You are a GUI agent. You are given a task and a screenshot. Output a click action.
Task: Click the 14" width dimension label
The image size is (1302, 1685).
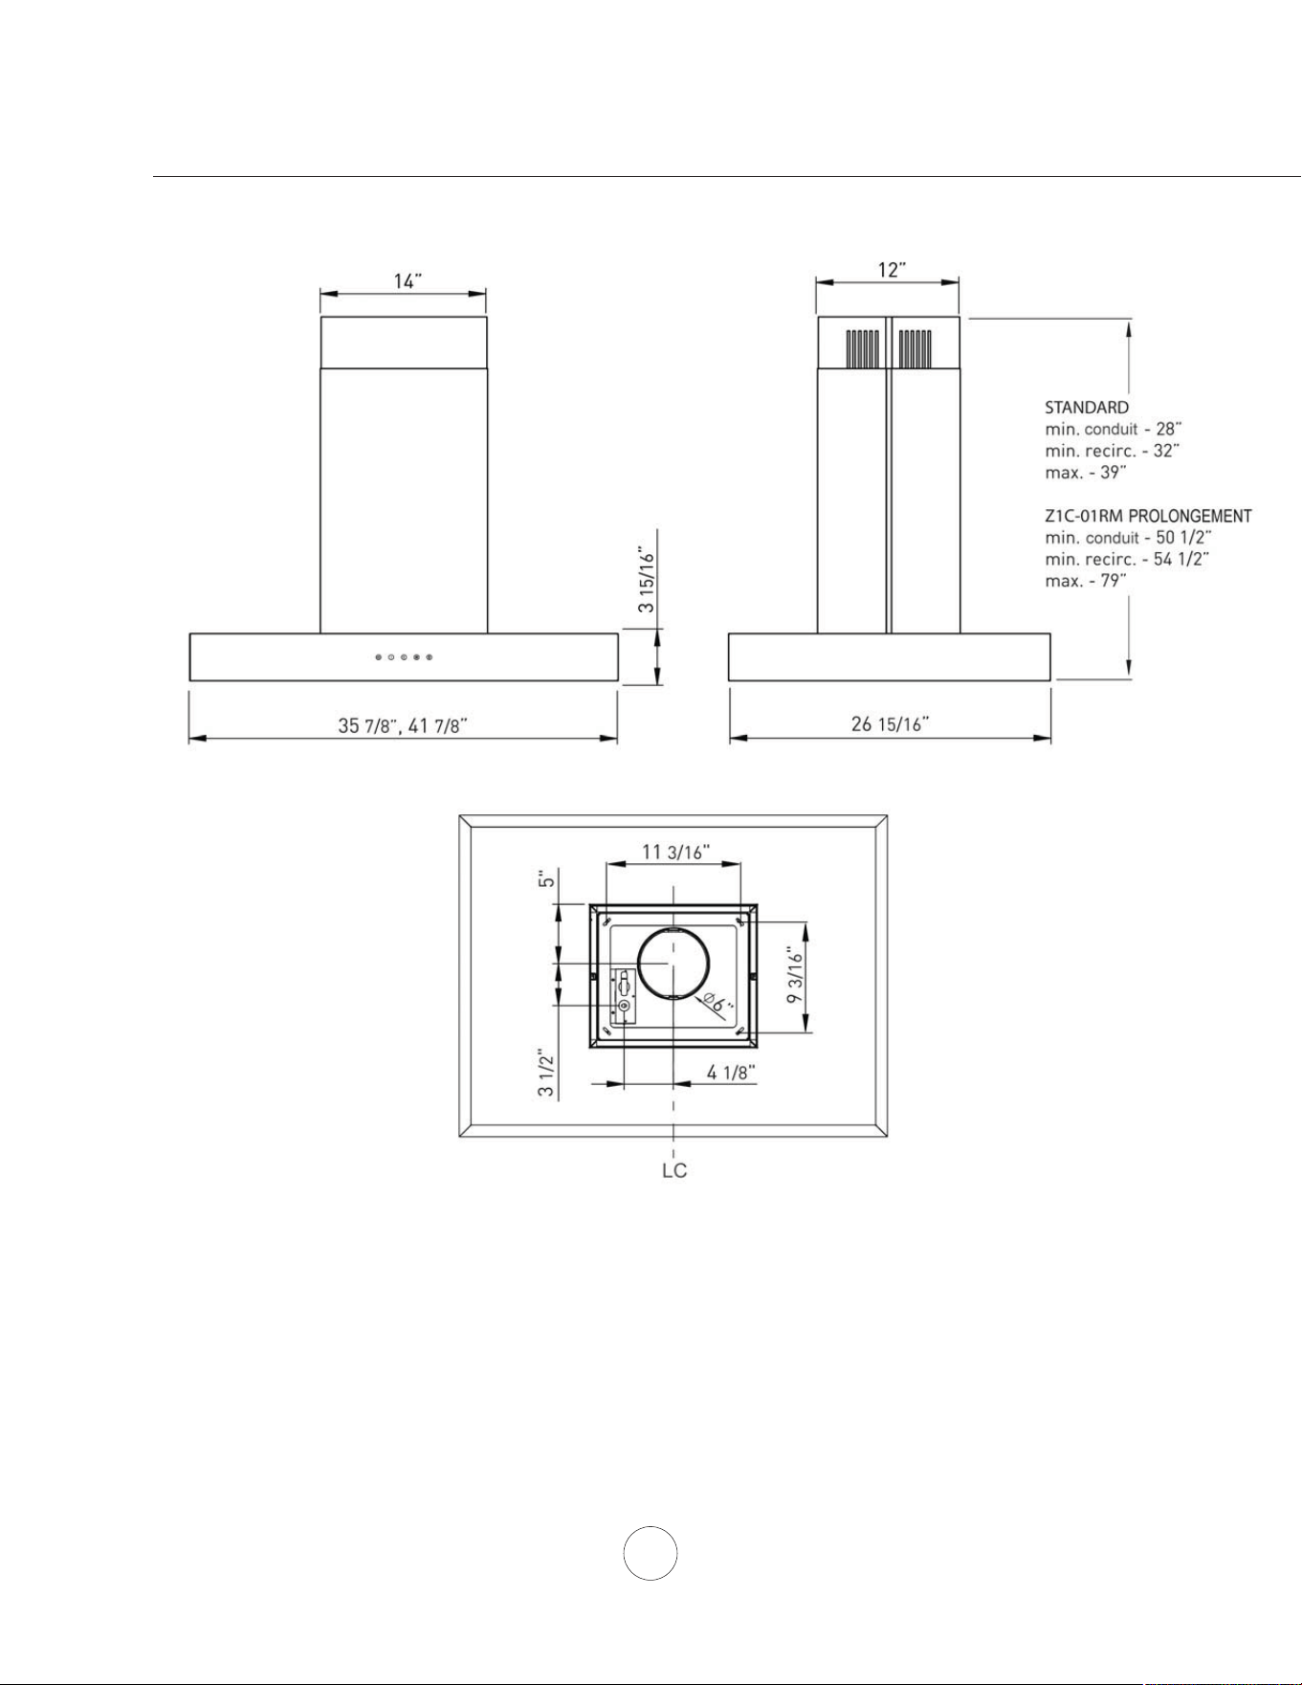408,281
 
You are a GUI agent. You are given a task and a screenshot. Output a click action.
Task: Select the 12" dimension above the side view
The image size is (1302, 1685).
892,271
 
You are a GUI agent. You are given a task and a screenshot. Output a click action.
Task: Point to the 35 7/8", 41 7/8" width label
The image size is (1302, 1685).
403,725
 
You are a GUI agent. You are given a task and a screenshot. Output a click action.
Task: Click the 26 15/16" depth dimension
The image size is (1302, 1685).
891,724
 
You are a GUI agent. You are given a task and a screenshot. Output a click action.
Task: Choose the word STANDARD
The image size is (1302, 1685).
1087,408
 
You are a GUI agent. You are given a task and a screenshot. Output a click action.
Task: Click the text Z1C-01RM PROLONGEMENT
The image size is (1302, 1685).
1148,516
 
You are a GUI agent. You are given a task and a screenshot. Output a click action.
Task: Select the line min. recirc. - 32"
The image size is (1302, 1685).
1113,451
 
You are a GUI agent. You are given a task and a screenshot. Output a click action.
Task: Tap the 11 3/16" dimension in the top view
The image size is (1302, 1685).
675,852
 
